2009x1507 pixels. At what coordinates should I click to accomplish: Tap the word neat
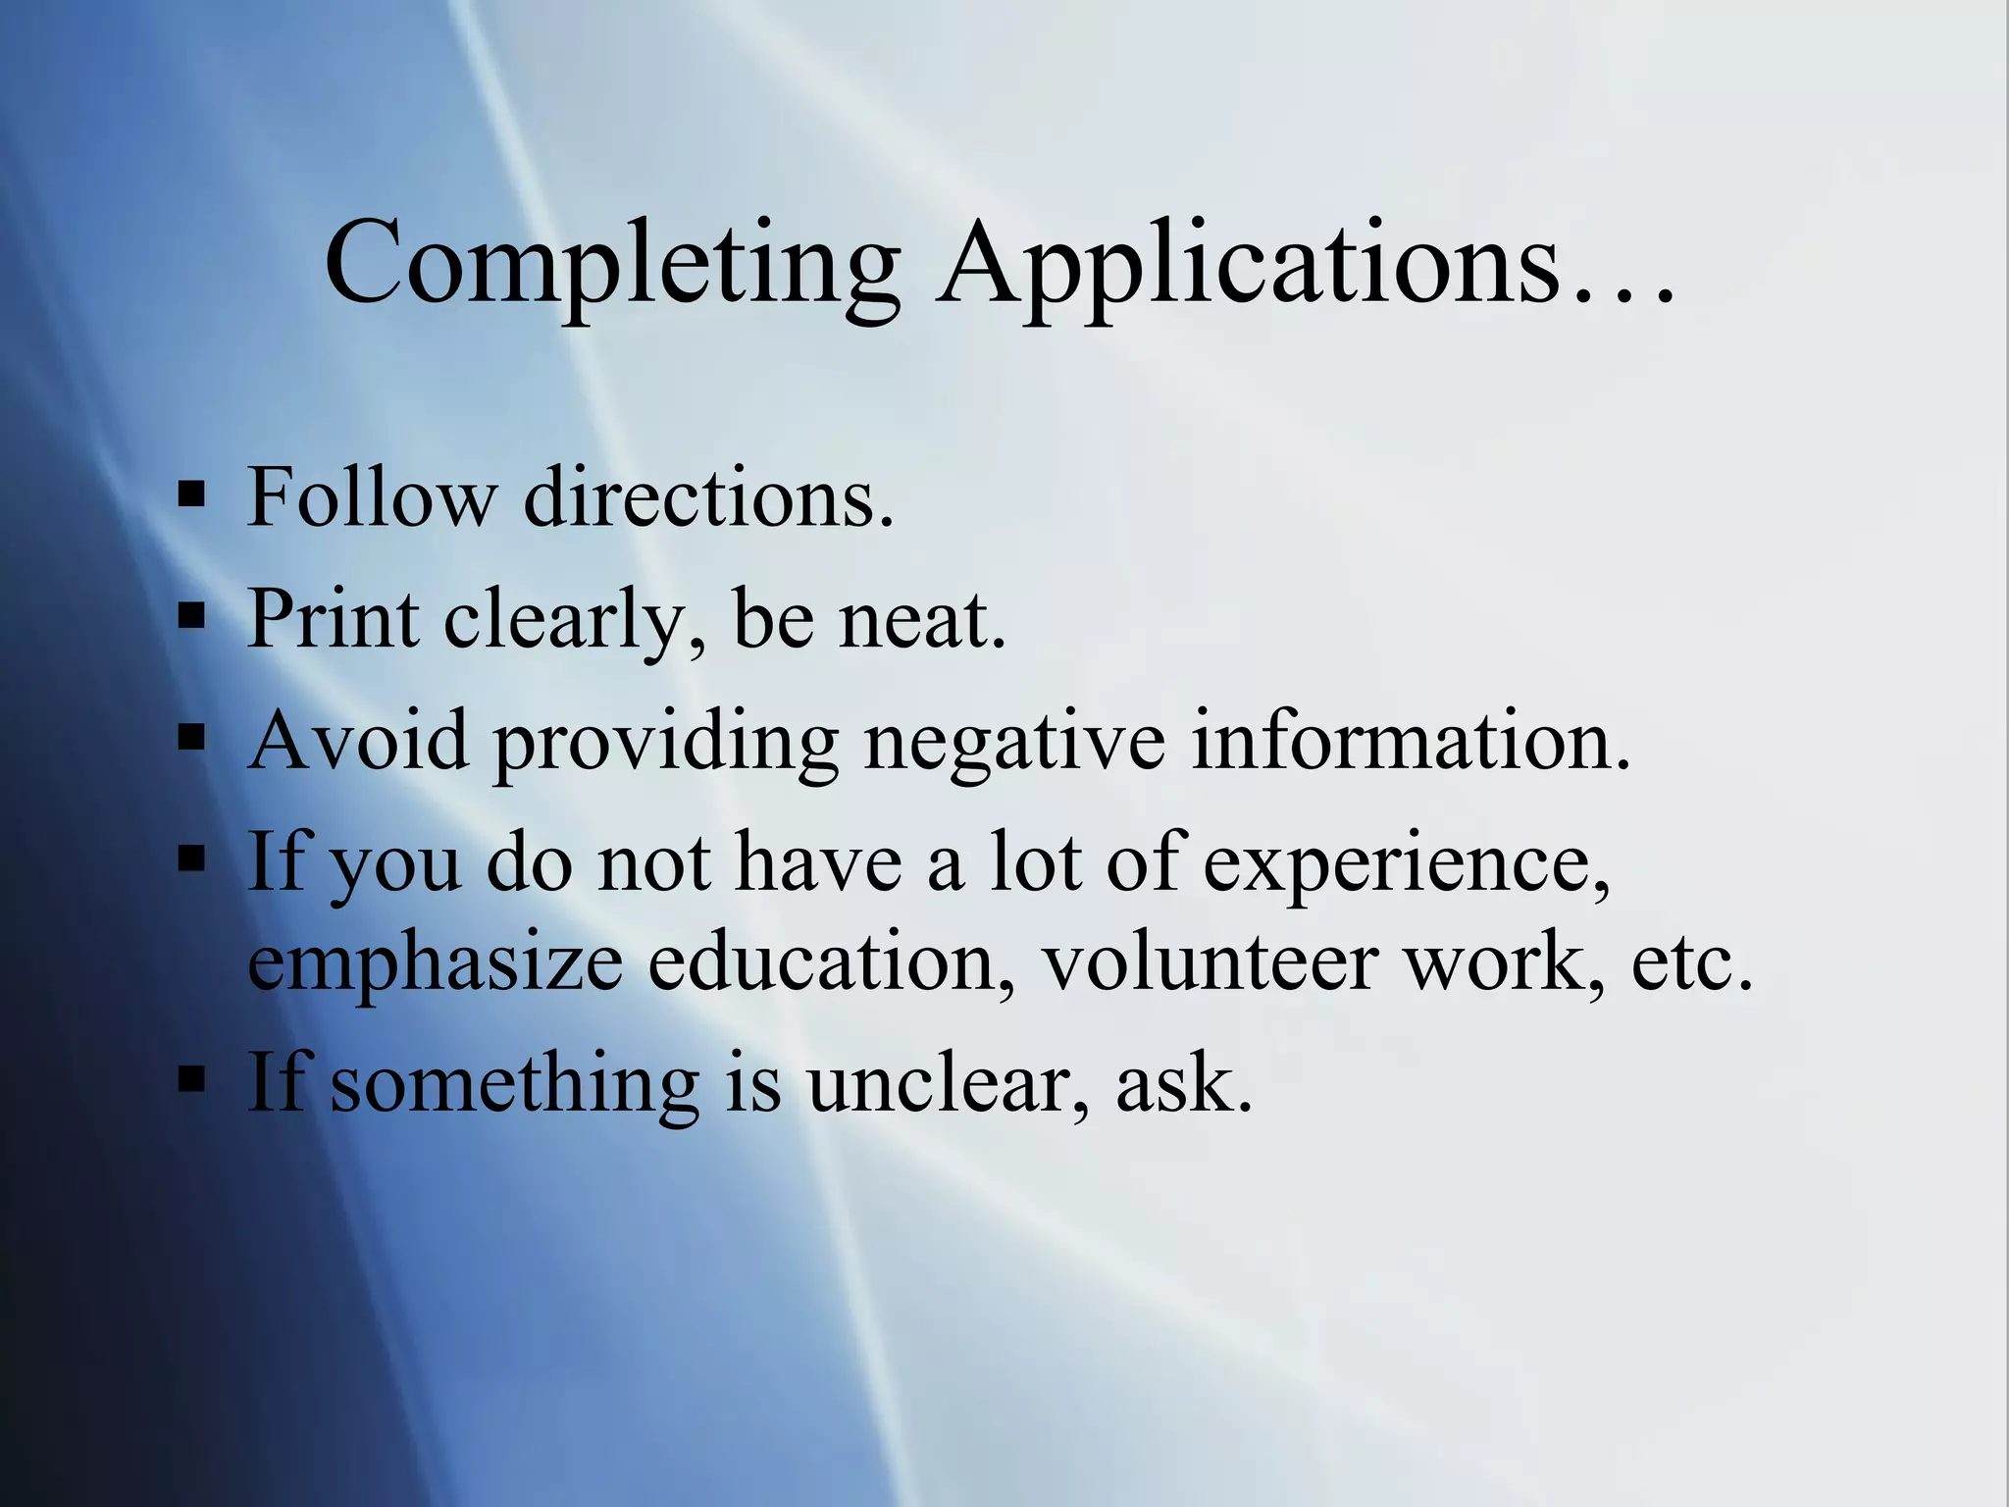922,620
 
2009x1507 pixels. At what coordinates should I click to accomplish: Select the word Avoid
359,740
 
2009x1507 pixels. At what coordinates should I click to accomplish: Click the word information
1411,740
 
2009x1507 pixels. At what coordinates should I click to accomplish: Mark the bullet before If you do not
192,858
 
